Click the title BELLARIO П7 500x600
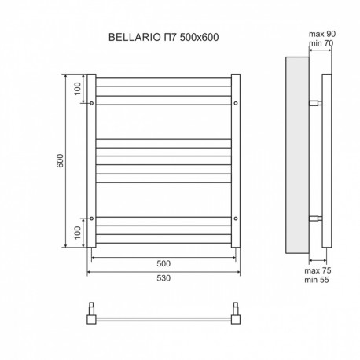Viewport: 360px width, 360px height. click(x=163, y=37)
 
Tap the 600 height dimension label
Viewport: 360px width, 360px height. click(x=60, y=160)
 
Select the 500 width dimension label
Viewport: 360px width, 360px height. click(x=163, y=263)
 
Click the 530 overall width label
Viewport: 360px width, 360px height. click(x=163, y=277)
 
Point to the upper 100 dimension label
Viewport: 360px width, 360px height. click(x=77, y=89)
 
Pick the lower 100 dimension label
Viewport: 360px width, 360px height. click(x=77, y=233)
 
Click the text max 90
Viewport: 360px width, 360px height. click(x=322, y=34)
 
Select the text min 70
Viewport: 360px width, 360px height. click(x=321, y=42)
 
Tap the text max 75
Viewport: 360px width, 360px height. click(x=318, y=270)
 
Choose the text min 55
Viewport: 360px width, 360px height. click(x=317, y=280)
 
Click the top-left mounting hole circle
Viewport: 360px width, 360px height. click(x=91, y=103)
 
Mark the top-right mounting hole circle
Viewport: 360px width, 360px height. click(x=236, y=103)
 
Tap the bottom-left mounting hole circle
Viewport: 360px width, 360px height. click(x=91, y=219)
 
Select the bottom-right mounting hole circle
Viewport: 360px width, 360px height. click(x=236, y=219)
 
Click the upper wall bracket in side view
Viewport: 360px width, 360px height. click(x=316, y=103)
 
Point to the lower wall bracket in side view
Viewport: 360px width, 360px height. click(x=316, y=219)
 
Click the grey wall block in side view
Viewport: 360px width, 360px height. click(x=297, y=155)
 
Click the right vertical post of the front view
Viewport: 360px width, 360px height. click(x=236, y=161)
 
